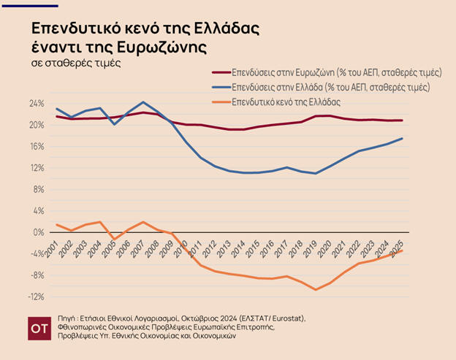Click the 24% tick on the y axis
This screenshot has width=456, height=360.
pyautogui.click(x=37, y=104)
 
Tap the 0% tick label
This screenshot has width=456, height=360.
pyautogui.click(x=39, y=232)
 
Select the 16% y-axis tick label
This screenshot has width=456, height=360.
pyautogui.click(x=37, y=147)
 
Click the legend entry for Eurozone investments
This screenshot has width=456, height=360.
pyautogui.click(x=337, y=73)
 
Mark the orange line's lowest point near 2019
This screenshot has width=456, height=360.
pyautogui.click(x=315, y=289)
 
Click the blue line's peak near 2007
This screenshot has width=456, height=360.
pyautogui.click(x=143, y=102)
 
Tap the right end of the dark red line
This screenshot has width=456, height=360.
pyautogui.click(x=402, y=120)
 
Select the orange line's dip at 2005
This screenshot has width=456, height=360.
pyautogui.click(x=113, y=239)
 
